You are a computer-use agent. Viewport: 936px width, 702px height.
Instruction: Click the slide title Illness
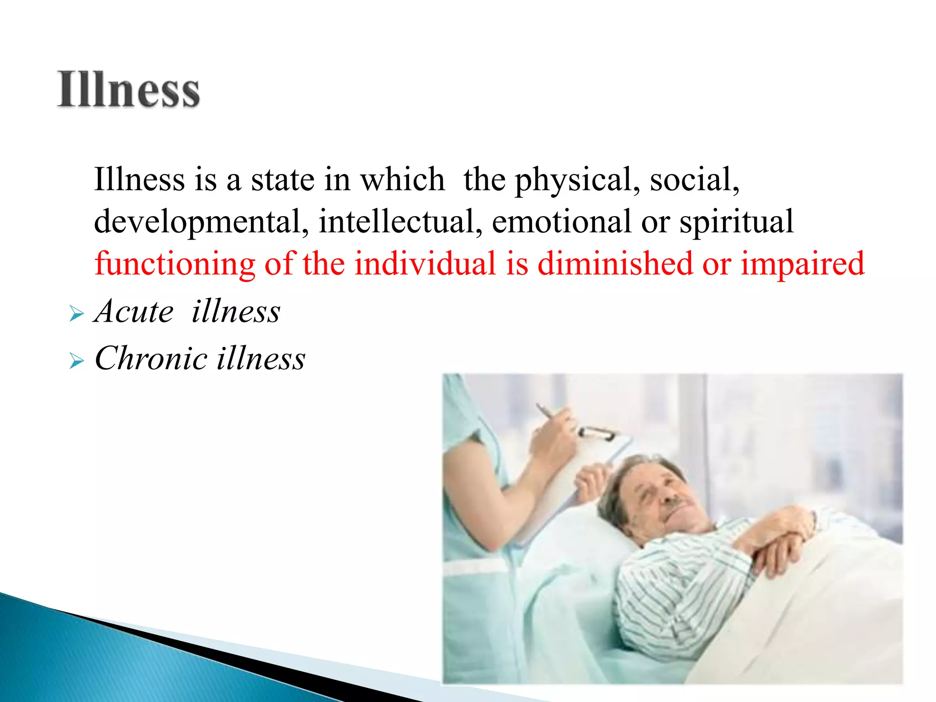[128, 90]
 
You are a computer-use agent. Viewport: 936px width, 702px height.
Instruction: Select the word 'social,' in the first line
[694, 180]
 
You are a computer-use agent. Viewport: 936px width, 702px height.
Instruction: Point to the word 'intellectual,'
[400, 222]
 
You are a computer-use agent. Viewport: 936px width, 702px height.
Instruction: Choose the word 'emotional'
[562, 222]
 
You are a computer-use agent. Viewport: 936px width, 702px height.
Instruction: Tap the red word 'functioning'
[175, 265]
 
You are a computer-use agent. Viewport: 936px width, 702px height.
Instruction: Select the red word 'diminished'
[615, 264]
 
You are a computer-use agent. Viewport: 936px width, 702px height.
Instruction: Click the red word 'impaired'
[803, 265]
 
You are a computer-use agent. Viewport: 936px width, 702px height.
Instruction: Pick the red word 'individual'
[425, 264]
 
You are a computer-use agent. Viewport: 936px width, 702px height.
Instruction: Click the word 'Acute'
[134, 311]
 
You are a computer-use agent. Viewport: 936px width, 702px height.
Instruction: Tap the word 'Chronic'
[151, 358]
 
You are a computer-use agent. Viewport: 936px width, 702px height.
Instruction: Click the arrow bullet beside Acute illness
[77, 314]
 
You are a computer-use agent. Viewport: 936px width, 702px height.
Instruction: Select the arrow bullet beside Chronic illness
[77, 362]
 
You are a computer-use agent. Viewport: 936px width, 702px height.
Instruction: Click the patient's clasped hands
[777, 535]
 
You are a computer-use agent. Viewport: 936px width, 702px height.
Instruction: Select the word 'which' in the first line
[403, 180]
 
